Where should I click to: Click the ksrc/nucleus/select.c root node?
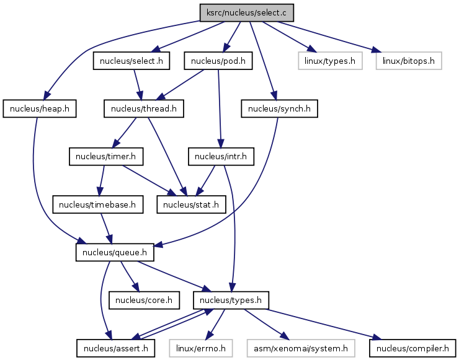[246, 12]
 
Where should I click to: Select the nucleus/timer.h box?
[105, 157]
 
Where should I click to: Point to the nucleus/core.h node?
[144, 301]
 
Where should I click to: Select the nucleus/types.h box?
[231, 301]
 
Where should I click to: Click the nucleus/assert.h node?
[115, 349]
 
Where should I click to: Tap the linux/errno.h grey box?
[203, 349]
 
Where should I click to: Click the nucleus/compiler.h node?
[412, 349]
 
